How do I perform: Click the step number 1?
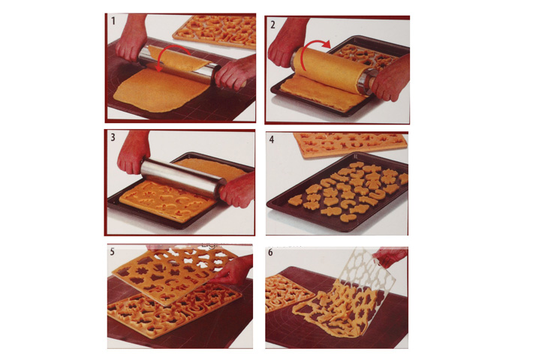click(x=113, y=21)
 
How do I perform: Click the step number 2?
click(x=273, y=25)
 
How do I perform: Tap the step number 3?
click(x=113, y=137)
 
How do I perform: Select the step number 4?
click(x=272, y=139)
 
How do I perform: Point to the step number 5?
click(x=113, y=252)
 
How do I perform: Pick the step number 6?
click(x=271, y=253)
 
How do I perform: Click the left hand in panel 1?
click(x=131, y=38)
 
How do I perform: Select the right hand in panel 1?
click(x=235, y=73)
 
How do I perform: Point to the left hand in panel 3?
click(x=133, y=152)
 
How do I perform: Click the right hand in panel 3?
click(x=239, y=190)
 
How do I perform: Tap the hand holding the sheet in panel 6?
click(x=390, y=256)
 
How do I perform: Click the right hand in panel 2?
click(x=390, y=79)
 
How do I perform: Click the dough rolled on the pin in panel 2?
click(x=332, y=69)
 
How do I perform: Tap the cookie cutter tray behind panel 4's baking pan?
click(x=350, y=145)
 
